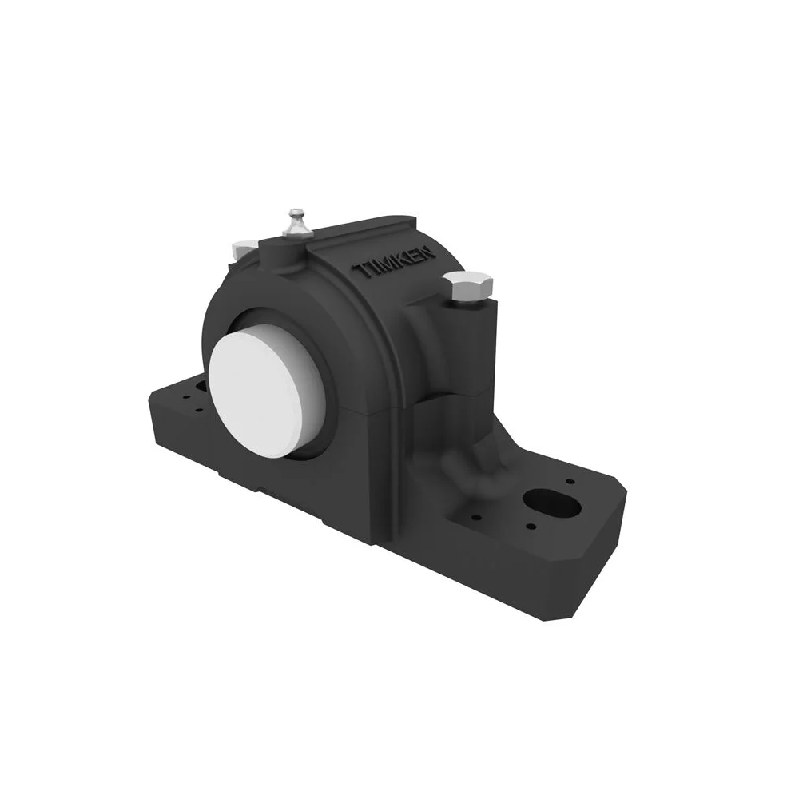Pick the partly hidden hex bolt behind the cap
[x=243, y=249]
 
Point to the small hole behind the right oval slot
[x=570, y=482]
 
